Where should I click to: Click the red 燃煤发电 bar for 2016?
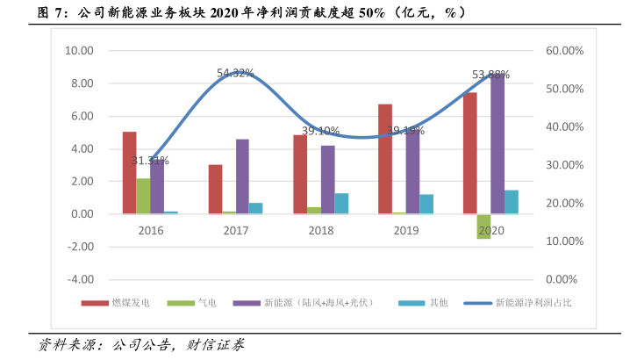click(x=129, y=173)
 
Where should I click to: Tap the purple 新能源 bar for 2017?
click(x=242, y=176)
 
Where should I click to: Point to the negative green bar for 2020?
click(x=483, y=227)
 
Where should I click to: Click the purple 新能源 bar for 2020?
click(x=497, y=145)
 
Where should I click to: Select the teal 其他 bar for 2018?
click(x=341, y=204)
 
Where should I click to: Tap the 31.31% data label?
click(x=150, y=161)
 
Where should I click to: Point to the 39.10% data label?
click(x=320, y=131)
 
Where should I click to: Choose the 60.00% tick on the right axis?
click(x=564, y=51)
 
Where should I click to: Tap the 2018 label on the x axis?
click(x=320, y=230)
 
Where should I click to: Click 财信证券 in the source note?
click(x=216, y=344)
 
